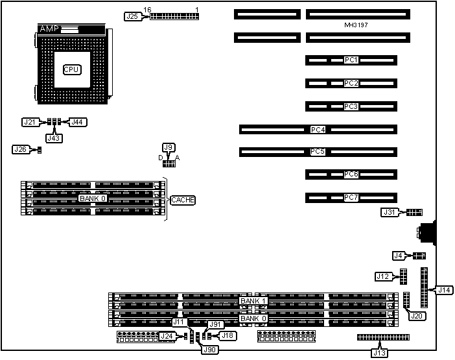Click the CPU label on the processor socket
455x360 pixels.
pos(71,69)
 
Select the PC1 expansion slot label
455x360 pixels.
pos(351,60)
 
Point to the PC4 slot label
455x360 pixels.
pos(318,130)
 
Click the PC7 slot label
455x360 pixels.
pos(351,197)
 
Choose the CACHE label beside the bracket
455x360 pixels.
pos(182,200)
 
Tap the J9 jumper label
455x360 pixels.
pos(169,147)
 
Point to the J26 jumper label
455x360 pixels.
pos(20,150)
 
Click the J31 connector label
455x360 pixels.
pos(389,212)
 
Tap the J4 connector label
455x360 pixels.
pos(399,256)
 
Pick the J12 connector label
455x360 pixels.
pos(382,277)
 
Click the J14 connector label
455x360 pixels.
pos(444,290)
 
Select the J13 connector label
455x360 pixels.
pos(379,353)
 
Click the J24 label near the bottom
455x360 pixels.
pos(167,336)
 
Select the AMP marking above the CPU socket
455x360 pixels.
pos(49,29)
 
